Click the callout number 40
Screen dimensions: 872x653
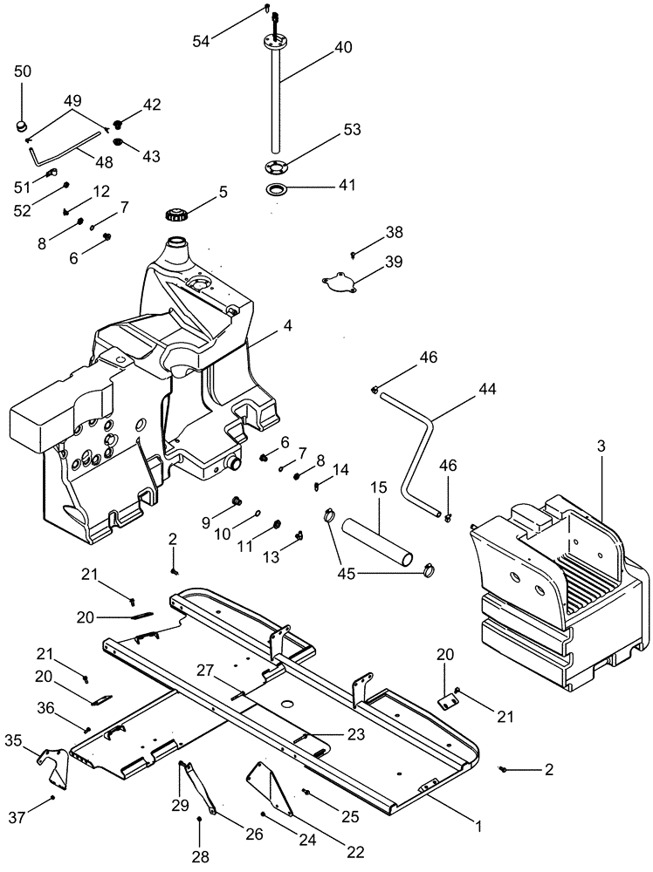point(343,48)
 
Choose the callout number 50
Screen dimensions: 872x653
point(23,71)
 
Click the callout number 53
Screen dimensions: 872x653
point(352,129)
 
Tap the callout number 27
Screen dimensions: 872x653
point(206,670)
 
